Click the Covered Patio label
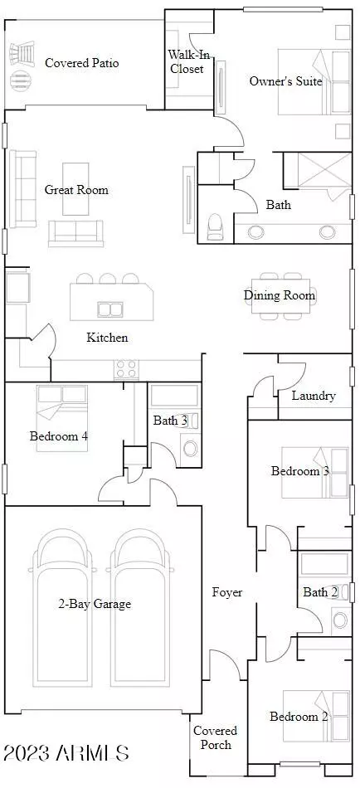pyautogui.click(x=82, y=63)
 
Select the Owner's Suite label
pyautogui.click(x=285, y=81)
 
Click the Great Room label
pyautogui.click(x=76, y=190)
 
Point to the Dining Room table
pyautogui.click(x=281, y=295)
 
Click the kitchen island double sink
pyautogui.click(x=110, y=309)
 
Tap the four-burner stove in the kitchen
pyautogui.click(x=126, y=369)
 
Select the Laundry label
pyautogui.click(x=314, y=396)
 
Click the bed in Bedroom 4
pyautogui.click(x=62, y=417)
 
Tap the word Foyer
pyautogui.click(x=227, y=592)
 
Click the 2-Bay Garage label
pyautogui.click(x=95, y=604)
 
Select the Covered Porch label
pyautogui.click(x=216, y=737)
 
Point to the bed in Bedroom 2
pyautogui.click(x=316, y=716)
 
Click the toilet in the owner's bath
pyautogui.click(x=215, y=226)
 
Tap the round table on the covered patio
pyautogui.click(x=19, y=79)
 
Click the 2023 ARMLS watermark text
pyautogui.click(x=66, y=753)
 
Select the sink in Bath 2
pyautogui.click(x=341, y=618)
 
